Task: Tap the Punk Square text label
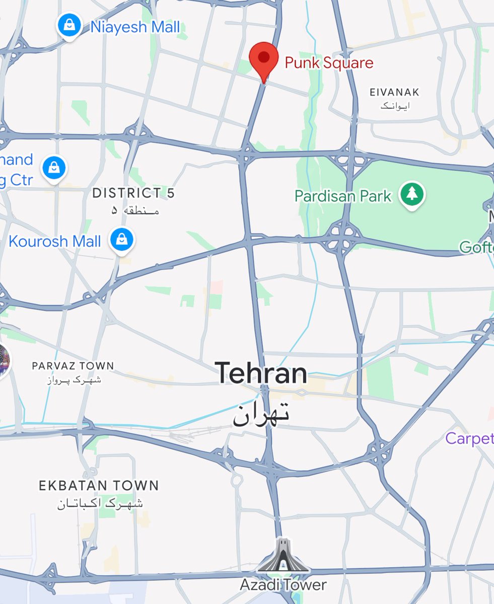click(x=329, y=63)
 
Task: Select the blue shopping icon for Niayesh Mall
click(x=69, y=26)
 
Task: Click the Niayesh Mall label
click(x=135, y=27)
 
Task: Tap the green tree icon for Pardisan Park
click(x=412, y=195)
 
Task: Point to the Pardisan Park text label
click(x=343, y=196)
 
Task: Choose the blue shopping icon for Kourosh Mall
click(x=121, y=241)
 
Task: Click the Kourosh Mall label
click(x=55, y=241)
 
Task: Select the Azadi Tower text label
click(x=283, y=585)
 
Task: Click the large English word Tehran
click(x=261, y=373)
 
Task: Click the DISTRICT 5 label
click(x=133, y=193)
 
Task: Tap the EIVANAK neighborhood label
click(x=394, y=92)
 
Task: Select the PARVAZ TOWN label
click(x=73, y=365)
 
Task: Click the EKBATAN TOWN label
click(x=99, y=486)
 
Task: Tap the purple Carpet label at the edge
click(x=469, y=438)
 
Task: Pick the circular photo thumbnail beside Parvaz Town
click(x=3, y=361)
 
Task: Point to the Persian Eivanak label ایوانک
click(x=395, y=106)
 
